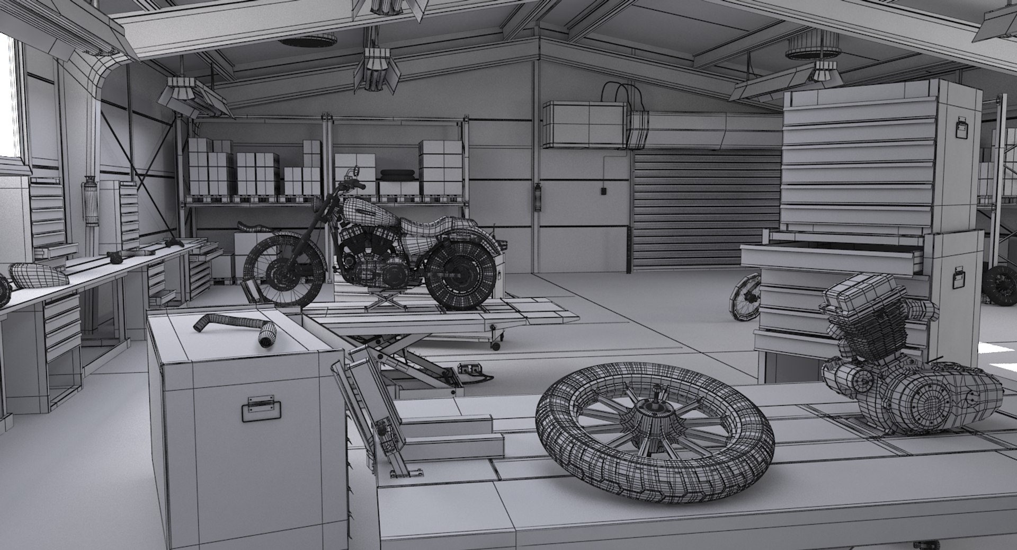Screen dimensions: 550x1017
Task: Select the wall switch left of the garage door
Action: (603, 191)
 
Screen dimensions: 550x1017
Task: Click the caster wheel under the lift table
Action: (496, 345)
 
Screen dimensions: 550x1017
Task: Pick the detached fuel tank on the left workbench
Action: (36, 275)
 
